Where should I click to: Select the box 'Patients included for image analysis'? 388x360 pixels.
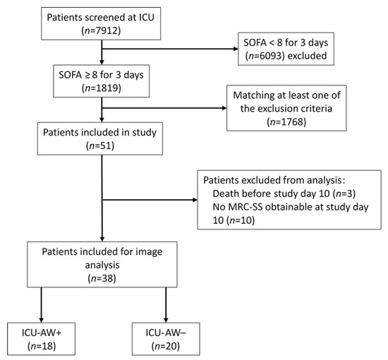[x=103, y=265]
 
